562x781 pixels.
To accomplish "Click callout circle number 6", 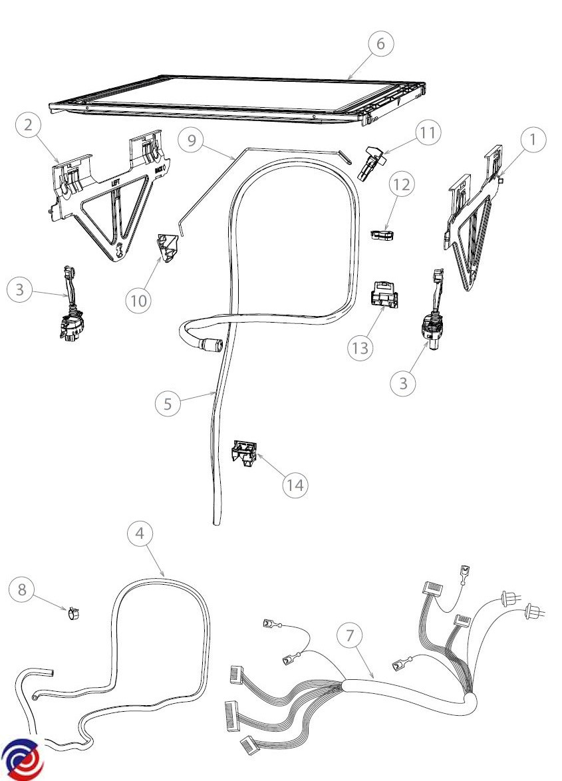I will point(380,43).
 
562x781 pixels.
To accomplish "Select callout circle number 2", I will point(29,126).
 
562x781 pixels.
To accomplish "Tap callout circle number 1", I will point(533,140).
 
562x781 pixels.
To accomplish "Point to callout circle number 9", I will point(192,140).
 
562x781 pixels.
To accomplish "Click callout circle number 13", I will point(360,348).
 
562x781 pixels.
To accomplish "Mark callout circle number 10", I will point(138,301).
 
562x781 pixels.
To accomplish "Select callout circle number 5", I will point(168,404).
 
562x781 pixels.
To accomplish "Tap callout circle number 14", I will point(295,486).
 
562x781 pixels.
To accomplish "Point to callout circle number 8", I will point(22,589).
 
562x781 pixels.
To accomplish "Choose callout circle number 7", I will point(351,635).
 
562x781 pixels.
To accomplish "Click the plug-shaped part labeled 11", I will point(368,162).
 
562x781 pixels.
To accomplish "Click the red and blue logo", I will point(22,759).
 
